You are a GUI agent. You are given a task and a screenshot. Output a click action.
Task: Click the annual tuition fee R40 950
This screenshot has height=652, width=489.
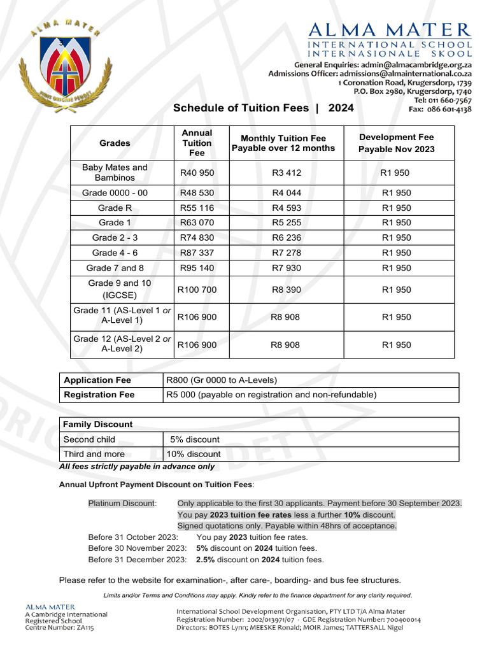click(197, 173)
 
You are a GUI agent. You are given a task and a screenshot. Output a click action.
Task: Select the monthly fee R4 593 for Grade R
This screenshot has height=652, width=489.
click(286, 208)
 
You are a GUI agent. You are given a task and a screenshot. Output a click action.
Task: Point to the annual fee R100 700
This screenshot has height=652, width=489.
click(197, 290)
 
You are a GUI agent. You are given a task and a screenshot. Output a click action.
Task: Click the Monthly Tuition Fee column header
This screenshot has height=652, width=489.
click(283, 143)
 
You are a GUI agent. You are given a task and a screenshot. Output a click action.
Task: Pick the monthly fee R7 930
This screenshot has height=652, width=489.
click(286, 268)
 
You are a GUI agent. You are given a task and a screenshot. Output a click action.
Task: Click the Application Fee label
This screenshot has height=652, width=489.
click(97, 380)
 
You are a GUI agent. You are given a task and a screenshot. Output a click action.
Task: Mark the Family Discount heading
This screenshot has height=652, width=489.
click(98, 424)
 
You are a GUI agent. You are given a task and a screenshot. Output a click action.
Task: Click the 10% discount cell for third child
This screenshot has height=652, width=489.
click(194, 454)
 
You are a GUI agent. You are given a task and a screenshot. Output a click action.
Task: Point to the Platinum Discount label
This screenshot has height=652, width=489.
click(122, 503)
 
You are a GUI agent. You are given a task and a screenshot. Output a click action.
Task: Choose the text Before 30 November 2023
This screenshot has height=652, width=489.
click(137, 548)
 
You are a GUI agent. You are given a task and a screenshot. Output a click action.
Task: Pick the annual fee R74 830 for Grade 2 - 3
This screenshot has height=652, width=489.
click(197, 237)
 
